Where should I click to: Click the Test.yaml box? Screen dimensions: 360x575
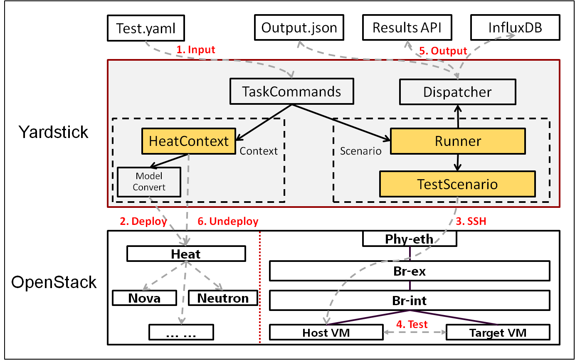(x=146, y=28)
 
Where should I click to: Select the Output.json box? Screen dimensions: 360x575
(x=299, y=28)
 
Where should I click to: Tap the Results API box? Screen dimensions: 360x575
(x=407, y=28)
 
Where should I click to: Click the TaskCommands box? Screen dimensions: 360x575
(x=292, y=91)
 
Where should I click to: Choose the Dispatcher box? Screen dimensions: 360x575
(x=457, y=92)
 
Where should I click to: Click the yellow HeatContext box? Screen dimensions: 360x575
(x=189, y=141)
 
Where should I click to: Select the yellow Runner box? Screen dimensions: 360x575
(x=458, y=141)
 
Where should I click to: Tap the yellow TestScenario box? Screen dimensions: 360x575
(x=457, y=184)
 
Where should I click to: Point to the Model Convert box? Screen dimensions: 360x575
(x=149, y=182)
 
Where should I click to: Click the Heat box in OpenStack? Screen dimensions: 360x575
(x=186, y=254)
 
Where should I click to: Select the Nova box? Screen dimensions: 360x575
(x=144, y=298)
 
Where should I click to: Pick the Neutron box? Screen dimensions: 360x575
(x=223, y=298)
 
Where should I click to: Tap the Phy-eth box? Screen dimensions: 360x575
(x=410, y=239)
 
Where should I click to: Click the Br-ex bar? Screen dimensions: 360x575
(x=410, y=271)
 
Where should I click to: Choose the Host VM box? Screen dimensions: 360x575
(x=326, y=333)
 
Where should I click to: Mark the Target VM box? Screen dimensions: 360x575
(x=498, y=333)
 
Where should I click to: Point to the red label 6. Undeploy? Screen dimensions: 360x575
(x=228, y=221)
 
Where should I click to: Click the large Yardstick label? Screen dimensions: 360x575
(x=54, y=132)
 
